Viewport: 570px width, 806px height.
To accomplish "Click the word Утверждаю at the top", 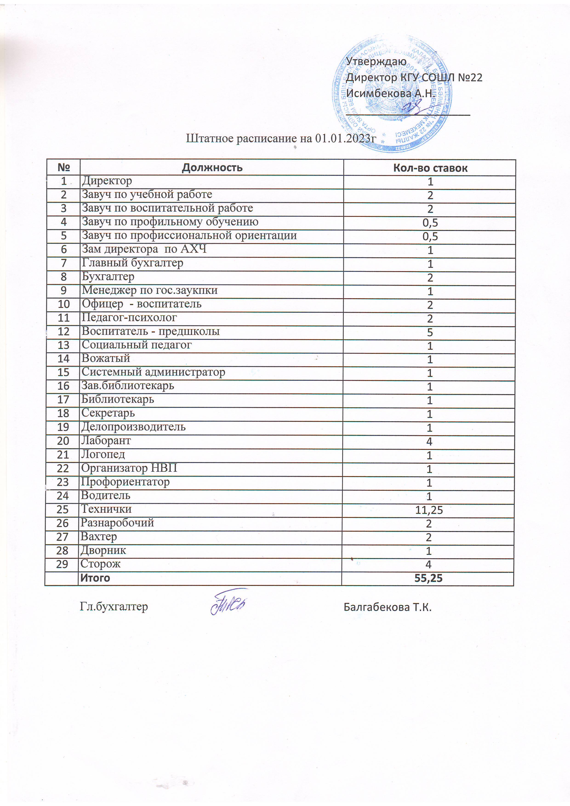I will [376, 61].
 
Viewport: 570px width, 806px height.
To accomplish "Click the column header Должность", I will [212, 167].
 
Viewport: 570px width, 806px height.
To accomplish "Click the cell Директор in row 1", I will [107, 181].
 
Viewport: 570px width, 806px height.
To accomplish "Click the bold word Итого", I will [95, 578].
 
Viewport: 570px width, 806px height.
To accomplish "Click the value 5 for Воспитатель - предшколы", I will [430, 332].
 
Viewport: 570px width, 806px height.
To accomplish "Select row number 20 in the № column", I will [63, 441].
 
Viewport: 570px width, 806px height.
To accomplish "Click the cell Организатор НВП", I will [129, 468].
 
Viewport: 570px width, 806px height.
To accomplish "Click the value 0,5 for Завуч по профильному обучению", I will [430, 223].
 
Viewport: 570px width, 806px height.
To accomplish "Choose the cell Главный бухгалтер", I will [132, 263].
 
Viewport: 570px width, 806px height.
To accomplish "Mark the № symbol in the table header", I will [64, 167].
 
